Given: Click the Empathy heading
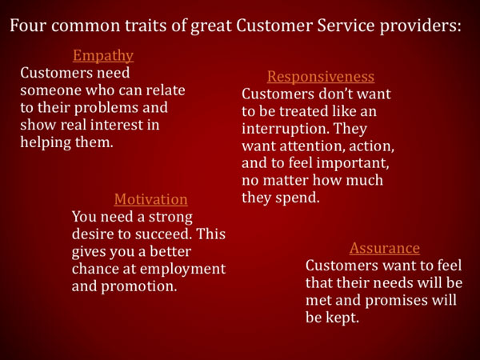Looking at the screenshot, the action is click(x=103, y=56).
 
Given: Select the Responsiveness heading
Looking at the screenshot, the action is click(x=321, y=77).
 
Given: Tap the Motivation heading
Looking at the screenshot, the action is click(x=150, y=199).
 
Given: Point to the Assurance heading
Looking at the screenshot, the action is click(x=385, y=248).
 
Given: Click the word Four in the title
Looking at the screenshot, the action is click(x=27, y=26).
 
